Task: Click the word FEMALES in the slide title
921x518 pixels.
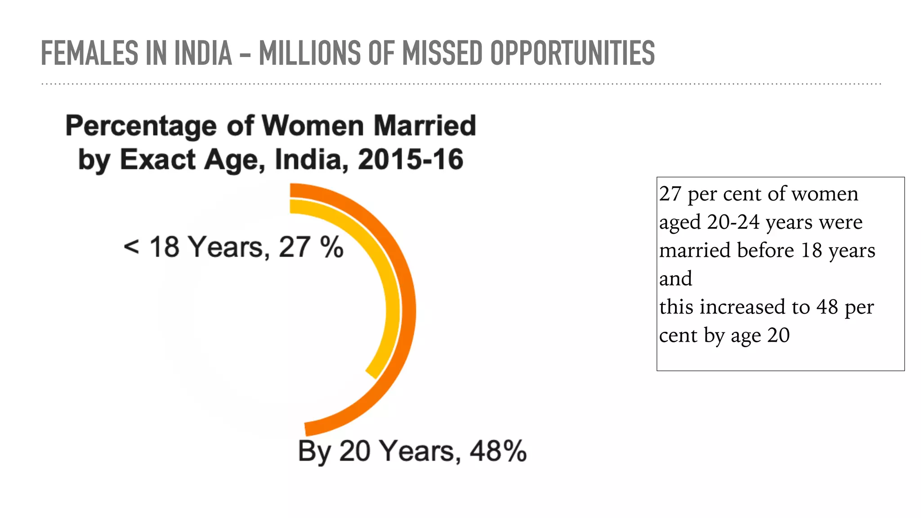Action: point(89,54)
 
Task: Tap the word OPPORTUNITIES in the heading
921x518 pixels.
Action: point(572,54)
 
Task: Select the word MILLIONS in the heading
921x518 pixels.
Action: point(310,54)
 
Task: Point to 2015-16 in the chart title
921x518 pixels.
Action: point(410,160)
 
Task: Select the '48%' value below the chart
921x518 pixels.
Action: point(498,451)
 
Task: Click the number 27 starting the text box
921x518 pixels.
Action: point(670,194)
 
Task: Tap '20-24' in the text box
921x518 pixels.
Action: point(733,222)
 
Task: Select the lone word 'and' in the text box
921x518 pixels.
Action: point(675,279)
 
